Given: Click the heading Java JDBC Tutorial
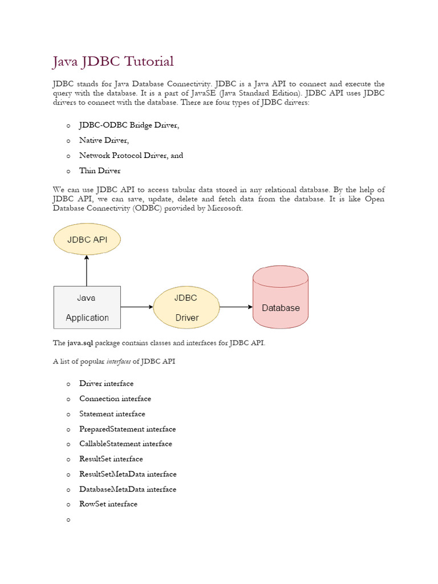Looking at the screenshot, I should coord(113,62).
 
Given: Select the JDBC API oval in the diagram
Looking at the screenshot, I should coord(87,240).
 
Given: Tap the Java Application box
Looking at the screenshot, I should coord(87,307).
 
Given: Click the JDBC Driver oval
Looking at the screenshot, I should coord(186,307).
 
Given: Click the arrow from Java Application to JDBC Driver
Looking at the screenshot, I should coord(137,307).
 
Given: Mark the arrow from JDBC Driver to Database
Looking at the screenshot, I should coord(236,307).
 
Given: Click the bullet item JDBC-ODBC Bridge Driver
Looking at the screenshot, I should coord(129,125).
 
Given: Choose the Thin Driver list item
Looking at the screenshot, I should coord(100,171).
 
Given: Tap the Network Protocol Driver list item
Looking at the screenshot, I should coord(131,155).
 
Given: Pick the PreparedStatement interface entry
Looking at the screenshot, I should coord(127,429).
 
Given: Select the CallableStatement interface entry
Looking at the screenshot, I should coord(125,444).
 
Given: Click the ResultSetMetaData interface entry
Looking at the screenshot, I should coord(128,474).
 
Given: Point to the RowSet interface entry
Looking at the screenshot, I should coord(108,504).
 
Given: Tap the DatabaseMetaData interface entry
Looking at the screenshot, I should coord(128,489).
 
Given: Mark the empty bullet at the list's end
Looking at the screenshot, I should coord(68,520).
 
